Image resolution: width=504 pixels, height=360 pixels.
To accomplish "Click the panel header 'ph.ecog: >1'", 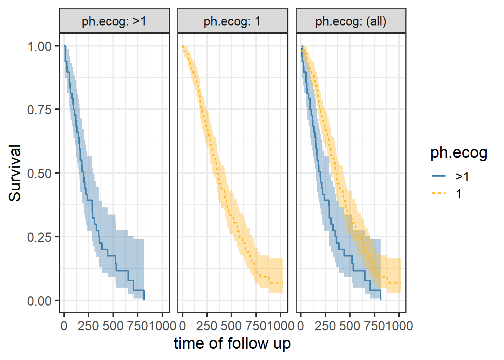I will coord(114,21).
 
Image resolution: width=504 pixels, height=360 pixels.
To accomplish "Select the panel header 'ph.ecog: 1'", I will coord(232,21).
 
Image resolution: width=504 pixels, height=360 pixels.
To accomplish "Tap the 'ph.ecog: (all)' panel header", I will coord(351,21).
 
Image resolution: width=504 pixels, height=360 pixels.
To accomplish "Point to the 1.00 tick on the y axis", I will coord(39,46).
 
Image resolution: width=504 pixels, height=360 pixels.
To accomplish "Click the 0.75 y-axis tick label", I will coord(39,110).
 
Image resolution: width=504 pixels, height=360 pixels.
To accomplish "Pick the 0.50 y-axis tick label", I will coord(39,174).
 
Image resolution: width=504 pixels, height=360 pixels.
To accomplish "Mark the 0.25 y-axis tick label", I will coord(39,237).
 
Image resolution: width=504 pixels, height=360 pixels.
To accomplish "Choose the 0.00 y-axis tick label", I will coord(39,301).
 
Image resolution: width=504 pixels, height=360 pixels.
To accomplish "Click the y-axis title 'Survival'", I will coord(15,173).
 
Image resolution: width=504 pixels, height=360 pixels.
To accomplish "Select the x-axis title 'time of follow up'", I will coord(232,343).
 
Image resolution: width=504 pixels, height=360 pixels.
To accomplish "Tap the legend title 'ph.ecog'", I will coord(459,153).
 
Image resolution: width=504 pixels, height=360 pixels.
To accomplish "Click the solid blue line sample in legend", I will coord(438,176).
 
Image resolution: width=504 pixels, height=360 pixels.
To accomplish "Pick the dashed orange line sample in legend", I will coord(438,194).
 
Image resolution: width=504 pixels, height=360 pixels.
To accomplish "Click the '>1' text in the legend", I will coord(462,176).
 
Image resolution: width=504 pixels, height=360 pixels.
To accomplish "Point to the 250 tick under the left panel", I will coord(88,325).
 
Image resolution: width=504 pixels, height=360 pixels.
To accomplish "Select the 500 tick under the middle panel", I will coord(231,325).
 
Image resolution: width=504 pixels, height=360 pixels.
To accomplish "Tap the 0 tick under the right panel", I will coord(301,325).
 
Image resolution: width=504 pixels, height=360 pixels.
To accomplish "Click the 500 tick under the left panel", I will coord(113,325).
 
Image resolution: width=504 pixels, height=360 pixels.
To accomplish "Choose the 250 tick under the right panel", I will coord(325,325).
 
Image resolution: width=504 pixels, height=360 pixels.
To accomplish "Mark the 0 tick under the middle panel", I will coord(183,325).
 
